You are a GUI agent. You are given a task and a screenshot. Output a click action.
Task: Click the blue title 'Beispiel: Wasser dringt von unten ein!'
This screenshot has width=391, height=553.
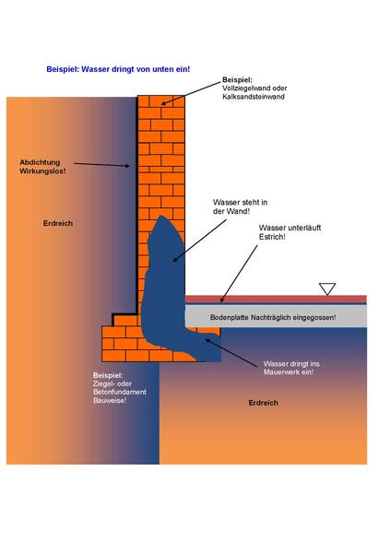[x=118, y=69]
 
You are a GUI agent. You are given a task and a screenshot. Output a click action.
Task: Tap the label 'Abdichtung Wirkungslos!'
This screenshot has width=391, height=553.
[x=42, y=167]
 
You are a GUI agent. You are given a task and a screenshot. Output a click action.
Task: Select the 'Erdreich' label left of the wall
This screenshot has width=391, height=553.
[x=58, y=223]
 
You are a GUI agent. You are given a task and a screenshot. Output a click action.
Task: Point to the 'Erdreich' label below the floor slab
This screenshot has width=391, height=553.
[x=263, y=403]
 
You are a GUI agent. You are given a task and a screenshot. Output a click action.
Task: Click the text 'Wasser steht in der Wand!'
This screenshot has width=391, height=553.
[x=240, y=206]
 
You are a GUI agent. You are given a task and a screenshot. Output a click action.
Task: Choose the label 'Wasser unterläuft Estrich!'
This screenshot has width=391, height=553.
[x=290, y=232]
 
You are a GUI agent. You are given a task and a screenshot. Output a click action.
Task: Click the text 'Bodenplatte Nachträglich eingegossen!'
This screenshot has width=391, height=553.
[x=273, y=317]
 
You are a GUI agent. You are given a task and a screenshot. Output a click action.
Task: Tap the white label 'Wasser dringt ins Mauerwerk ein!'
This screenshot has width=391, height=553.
[x=291, y=368]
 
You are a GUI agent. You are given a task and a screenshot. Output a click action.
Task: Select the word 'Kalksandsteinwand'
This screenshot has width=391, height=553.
[x=254, y=97]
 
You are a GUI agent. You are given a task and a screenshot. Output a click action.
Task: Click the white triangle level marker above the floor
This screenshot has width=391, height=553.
[x=327, y=288]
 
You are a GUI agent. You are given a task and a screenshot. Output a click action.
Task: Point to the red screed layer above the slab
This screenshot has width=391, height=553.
[x=276, y=300]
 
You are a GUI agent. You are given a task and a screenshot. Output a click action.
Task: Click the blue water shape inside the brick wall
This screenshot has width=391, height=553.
[x=166, y=289]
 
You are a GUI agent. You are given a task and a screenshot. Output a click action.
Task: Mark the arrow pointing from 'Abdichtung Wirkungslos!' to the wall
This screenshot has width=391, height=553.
[x=101, y=165]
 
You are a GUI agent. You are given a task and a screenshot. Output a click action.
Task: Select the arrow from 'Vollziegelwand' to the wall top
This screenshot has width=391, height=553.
[x=191, y=93]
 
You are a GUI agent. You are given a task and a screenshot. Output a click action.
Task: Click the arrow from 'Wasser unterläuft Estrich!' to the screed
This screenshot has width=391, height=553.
[x=239, y=274]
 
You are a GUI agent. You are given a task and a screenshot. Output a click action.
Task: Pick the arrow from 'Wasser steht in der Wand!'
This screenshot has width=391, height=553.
[x=199, y=241]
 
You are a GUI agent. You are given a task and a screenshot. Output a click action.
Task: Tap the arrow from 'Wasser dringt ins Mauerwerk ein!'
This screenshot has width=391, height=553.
[x=231, y=353]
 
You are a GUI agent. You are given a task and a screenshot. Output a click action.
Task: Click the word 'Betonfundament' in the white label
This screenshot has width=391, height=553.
[x=120, y=393]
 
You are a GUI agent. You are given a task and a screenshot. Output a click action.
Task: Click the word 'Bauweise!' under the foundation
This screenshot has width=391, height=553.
[x=110, y=401]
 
